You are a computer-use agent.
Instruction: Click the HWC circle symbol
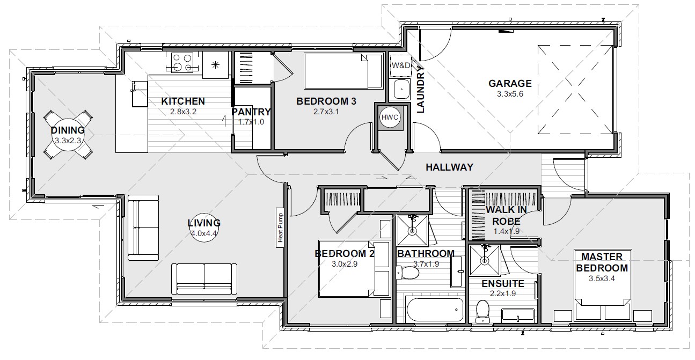point(390,117)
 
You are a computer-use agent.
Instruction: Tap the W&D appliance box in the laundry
point(400,65)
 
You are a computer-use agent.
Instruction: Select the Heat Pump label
point(280,227)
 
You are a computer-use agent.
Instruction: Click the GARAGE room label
point(510,83)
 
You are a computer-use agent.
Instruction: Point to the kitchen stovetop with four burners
point(182,62)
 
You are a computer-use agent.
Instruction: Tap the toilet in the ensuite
point(483,311)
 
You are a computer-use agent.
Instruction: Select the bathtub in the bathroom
point(434,310)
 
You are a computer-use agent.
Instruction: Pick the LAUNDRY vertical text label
point(420,89)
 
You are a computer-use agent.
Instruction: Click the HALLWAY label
point(449,167)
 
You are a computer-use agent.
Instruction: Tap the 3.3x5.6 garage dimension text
point(510,94)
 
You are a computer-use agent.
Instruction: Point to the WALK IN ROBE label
point(506,216)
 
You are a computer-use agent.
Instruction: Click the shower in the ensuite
point(485,260)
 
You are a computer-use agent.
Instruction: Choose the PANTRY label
point(251,112)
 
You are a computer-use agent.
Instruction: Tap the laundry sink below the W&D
point(401,89)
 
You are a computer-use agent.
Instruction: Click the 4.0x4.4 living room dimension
point(203,233)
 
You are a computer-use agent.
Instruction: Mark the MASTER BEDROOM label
point(602,262)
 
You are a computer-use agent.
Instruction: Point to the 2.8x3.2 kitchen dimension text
point(183,112)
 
